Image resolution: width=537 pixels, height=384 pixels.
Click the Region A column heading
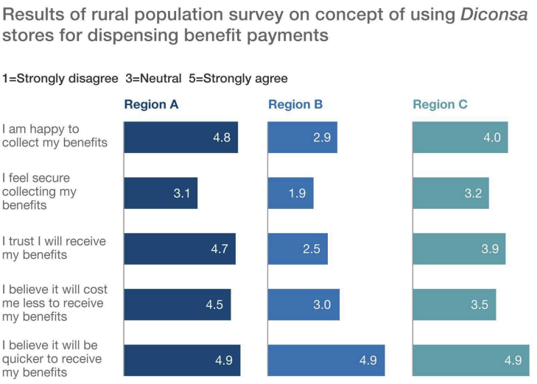[x=151, y=104]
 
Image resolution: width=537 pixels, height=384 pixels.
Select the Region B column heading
[x=295, y=104]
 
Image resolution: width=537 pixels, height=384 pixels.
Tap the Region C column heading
[x=440, y=104]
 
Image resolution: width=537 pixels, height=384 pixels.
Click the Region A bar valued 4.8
[x=180, y=137]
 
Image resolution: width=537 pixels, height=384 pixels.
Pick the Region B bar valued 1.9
[x=291, y=193]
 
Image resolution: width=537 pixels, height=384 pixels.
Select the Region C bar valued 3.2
[x=451, y=193]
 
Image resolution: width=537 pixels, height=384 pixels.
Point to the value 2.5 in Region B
[x=312, y=249]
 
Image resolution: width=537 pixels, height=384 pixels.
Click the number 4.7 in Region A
[x=220, y=249]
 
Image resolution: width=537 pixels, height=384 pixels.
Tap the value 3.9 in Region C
[x=490, y=249]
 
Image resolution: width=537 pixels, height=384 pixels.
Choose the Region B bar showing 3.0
[x=303, y=305]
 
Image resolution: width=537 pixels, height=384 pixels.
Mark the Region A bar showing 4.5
[x=178, y=305]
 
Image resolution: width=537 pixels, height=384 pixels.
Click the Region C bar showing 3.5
[x=454, y=305]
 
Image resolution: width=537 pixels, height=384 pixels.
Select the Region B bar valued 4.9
[x=326, y=360]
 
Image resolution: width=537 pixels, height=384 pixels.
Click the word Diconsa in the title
[x=494, y=15]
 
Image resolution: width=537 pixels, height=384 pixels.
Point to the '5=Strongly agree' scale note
[x=239, y=78]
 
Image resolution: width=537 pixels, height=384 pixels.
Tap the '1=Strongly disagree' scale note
[x=60, y=78]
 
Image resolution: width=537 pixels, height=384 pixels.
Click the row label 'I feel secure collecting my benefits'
[x=39, y=191]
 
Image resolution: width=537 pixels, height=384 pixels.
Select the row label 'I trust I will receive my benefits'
[x=54, y=248]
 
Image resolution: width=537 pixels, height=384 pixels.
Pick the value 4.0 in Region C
[x=492, y=137]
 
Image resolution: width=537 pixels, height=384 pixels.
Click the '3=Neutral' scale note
[x=153, y=78]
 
